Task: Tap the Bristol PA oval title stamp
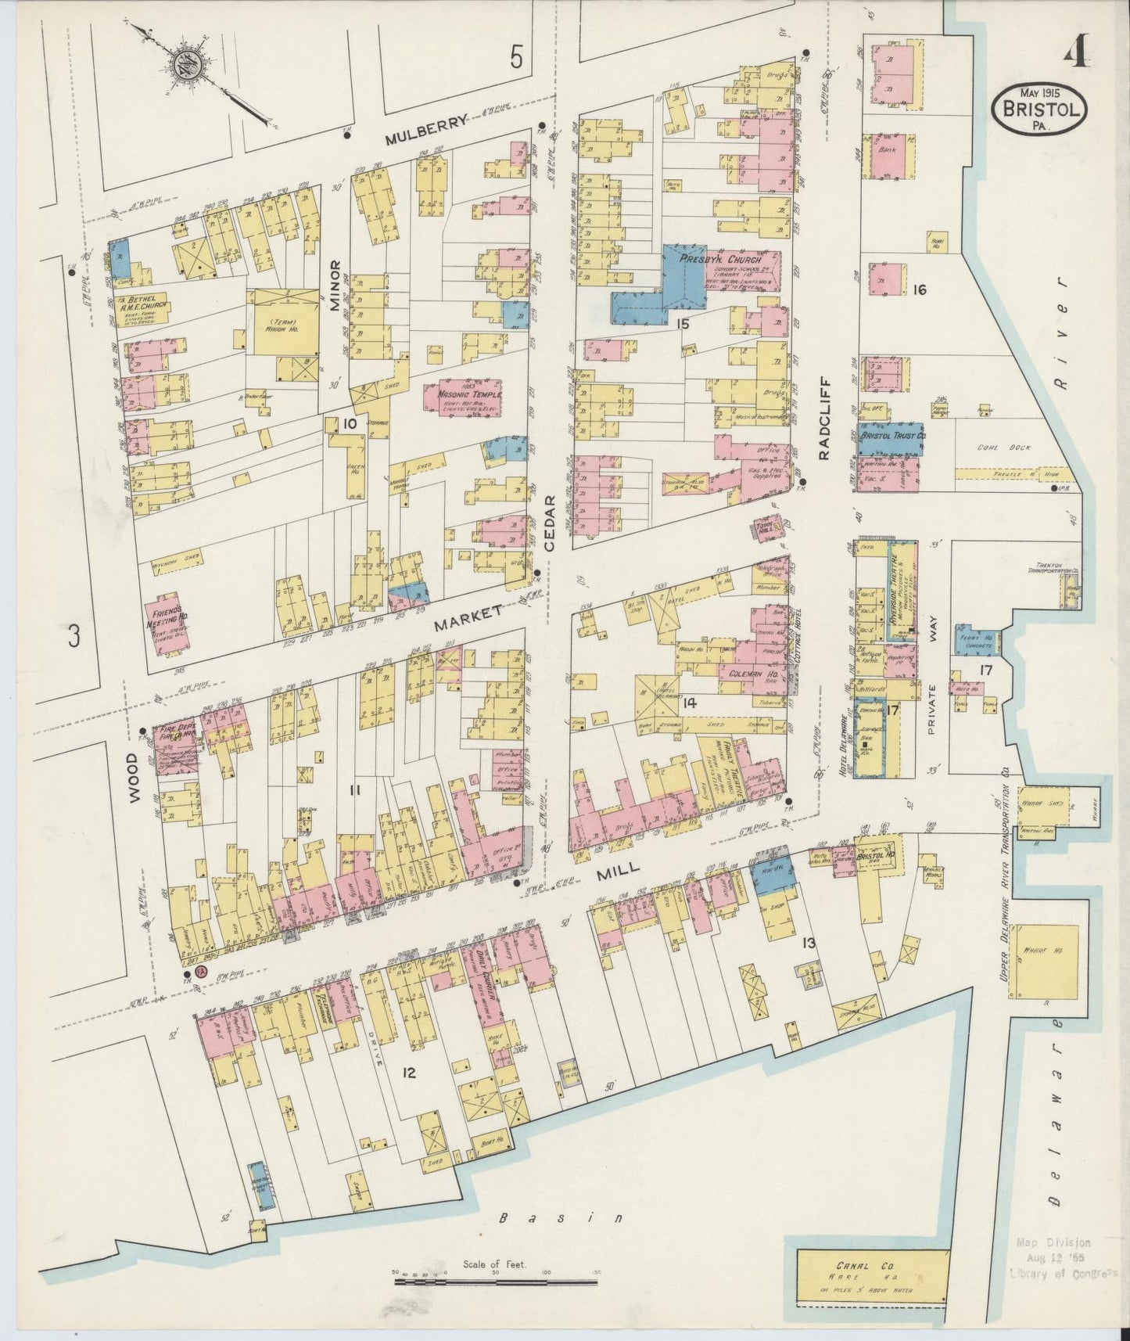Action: click(x=1041, y=110)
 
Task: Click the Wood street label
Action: click(x=133, y=778)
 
